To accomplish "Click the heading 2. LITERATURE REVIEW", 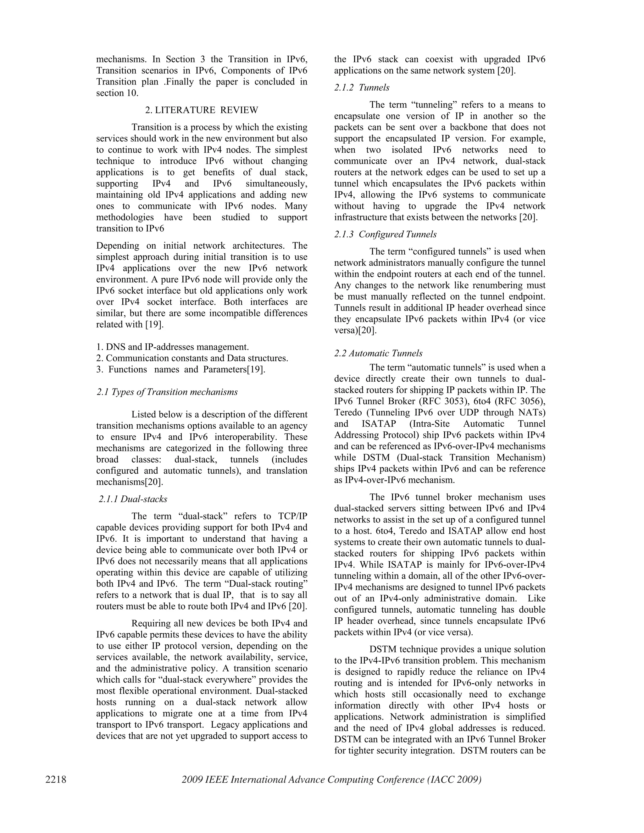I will pos(202,110).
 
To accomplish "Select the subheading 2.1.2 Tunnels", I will pos(362,88).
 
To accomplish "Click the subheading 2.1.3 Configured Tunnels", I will pos(385,234).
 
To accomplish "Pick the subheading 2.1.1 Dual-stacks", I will pos(133,499).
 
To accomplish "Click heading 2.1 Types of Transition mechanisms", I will pos(167,392).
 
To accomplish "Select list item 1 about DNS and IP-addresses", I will pos(172,347).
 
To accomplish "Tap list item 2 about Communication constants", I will pos(192,358).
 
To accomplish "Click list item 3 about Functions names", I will pos(180,370).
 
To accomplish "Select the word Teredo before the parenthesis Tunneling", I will pos(347,413).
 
